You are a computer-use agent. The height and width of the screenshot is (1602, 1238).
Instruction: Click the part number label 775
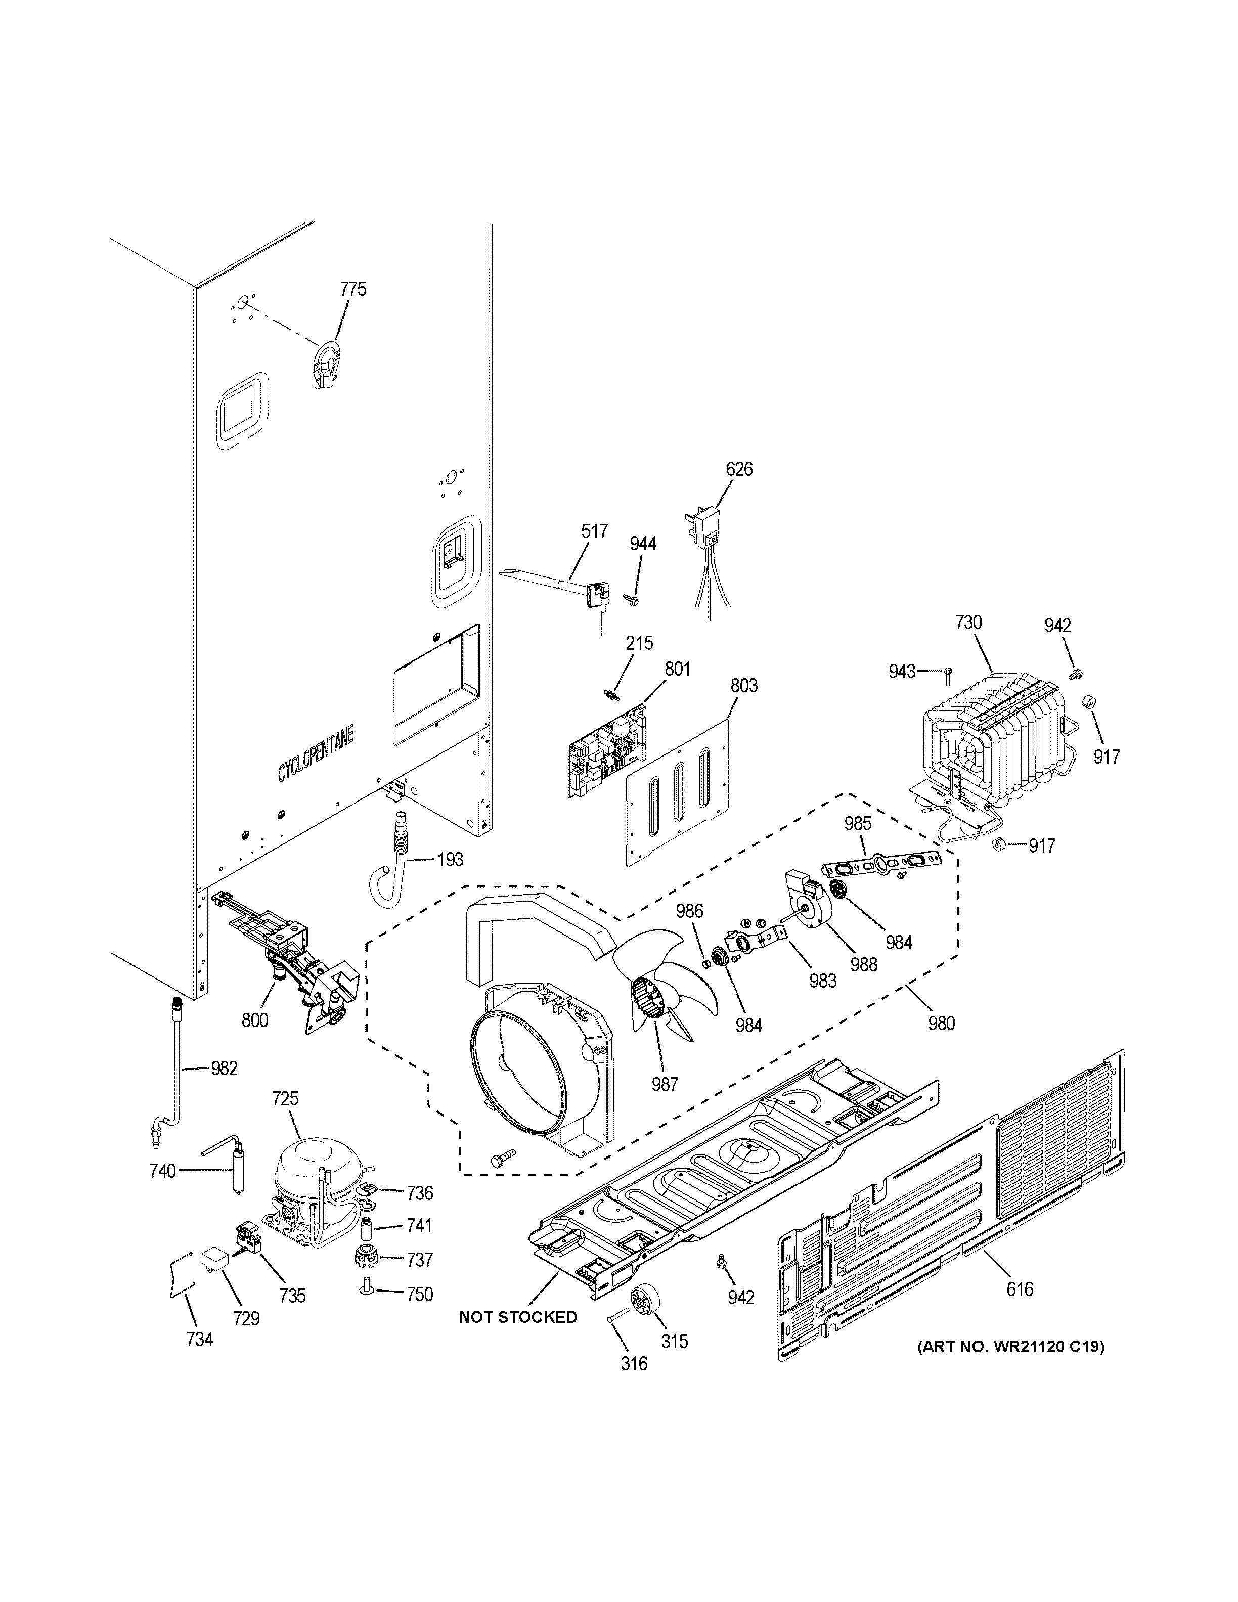(353, 289)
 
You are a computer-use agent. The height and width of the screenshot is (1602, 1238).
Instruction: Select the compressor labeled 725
(307, 1190)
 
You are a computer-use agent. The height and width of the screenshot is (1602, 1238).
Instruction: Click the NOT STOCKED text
(518, 1317)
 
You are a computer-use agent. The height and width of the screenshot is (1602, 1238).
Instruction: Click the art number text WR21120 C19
(1010, 1347)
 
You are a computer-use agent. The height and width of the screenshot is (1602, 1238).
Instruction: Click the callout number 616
(1020, 1289)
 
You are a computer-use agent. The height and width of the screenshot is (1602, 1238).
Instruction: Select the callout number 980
(941, 1022)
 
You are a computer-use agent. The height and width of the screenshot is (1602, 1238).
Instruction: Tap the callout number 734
(199, 1340)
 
